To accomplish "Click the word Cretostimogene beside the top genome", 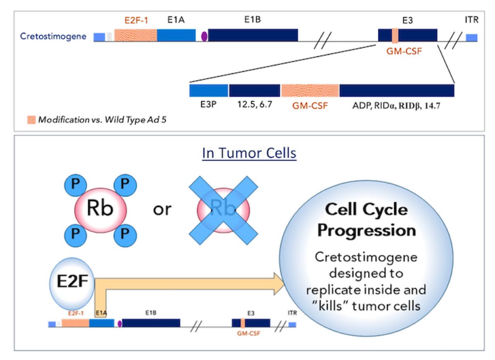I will (53, 36).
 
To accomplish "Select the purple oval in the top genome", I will (204, 36).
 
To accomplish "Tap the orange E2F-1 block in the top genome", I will (136, 35).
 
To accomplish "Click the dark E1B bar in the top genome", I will (253, 35).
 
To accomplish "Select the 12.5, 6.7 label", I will (254, 105).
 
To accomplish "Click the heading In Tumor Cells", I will (249, 153).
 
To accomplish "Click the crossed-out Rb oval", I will (223, 210).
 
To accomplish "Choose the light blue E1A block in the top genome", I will (176, 35).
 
